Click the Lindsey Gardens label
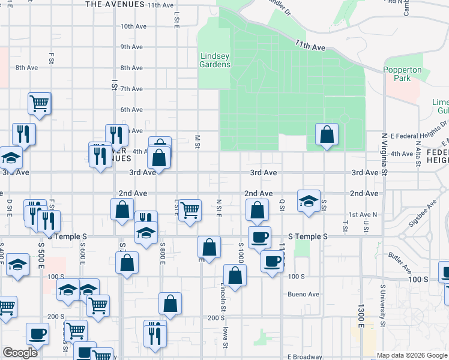(x=215, y=60)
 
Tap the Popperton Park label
(x=403, y=74)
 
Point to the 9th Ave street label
(x=131, y=47)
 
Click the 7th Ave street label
(x=131, y=89)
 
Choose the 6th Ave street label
(x=131, y=110)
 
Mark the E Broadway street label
(x=306, y=356)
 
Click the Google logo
(x=20, y=353)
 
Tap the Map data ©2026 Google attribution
(x=411, y=355)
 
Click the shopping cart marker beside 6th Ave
(x=39, y=103)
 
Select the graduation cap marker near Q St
(x=308, y=201)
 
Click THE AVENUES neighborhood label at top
(x=115, y=4)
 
